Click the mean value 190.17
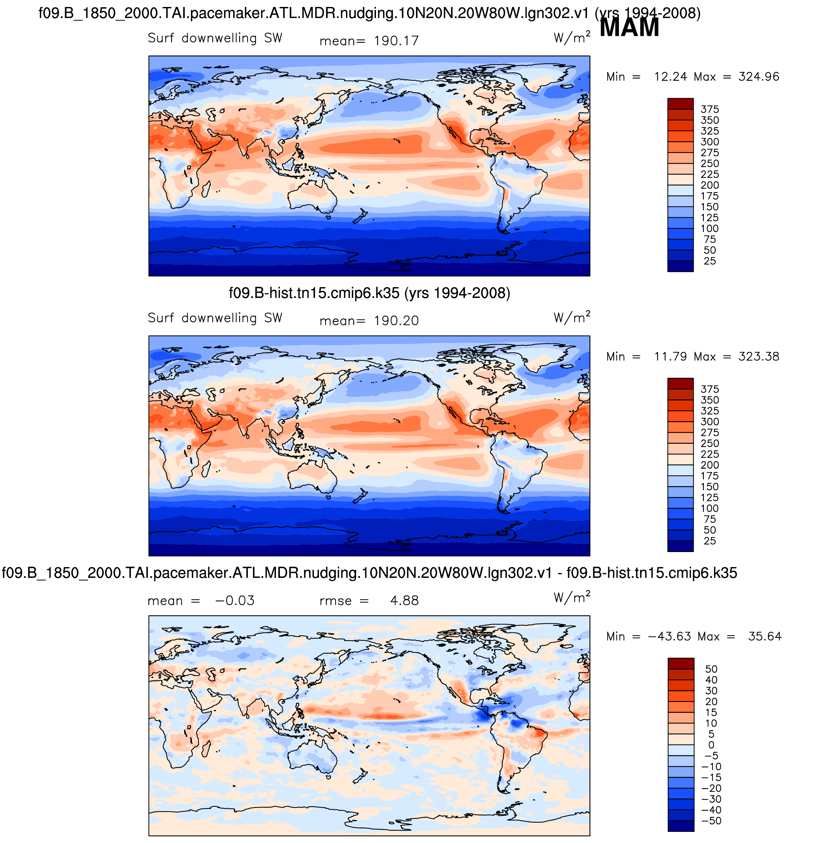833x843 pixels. tap(396, 41)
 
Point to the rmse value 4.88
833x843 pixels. tap(404, 601)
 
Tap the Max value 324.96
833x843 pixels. tap(759, 77)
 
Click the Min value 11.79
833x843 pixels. tap(670, 356)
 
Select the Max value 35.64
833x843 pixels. tap(764, 637)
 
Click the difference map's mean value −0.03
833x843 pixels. tap(234, 601)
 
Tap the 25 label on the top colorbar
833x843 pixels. tap(709, 261)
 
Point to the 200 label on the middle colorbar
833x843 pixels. tap(709, 465)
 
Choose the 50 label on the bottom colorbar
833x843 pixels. tap(711, 669)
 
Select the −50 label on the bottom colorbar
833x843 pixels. tap(711, 821)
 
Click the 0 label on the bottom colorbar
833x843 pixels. tap(711, 745)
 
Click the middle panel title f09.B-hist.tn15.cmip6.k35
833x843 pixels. tap(369, 293)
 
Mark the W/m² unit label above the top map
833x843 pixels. tap(572, 38)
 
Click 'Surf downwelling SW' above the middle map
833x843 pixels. tap(215, 318)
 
